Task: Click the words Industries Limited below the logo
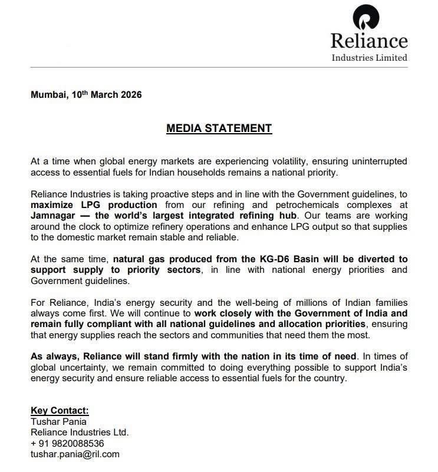369,58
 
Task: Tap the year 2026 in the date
129,95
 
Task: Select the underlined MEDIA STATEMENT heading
219,128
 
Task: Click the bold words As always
55,357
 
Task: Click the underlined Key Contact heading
59,411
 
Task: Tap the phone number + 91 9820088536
67,443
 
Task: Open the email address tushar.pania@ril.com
75,454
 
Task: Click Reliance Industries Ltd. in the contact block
80,432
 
